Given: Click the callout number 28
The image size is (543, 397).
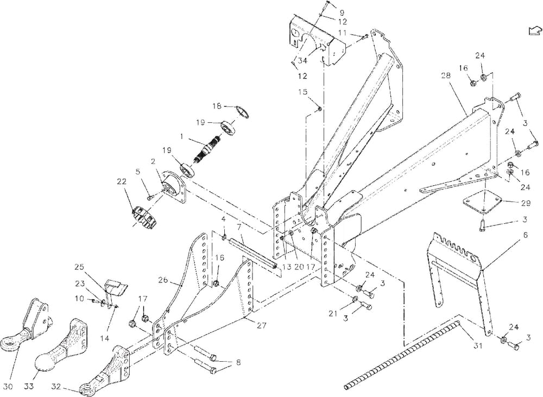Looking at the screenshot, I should tap(445, 77).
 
